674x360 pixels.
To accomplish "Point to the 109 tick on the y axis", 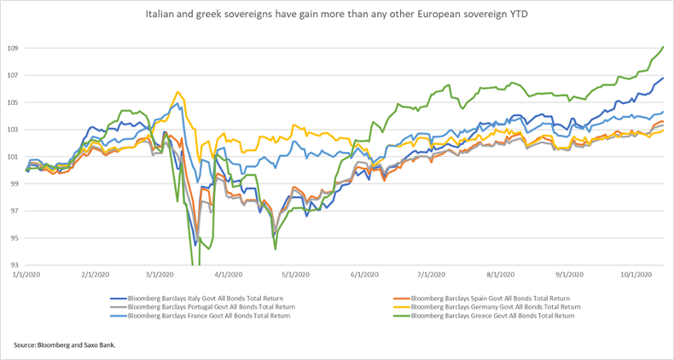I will pos(14,49).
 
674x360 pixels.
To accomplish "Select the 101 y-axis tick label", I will pos(14,157).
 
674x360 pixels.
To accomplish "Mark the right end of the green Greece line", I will pos(664,46).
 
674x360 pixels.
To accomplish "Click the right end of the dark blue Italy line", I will pos(664,78).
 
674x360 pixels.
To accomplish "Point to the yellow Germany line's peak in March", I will pos(177,92).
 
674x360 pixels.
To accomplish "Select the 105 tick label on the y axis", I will pos(14,102).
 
